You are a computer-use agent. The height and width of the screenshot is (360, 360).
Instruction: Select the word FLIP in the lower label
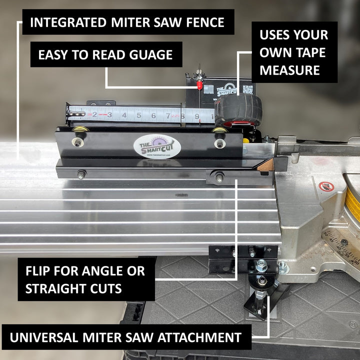41,271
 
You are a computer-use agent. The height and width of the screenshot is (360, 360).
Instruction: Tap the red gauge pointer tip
199,86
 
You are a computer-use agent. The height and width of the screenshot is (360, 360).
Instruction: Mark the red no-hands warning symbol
326,187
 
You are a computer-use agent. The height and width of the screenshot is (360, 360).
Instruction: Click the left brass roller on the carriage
78,130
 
